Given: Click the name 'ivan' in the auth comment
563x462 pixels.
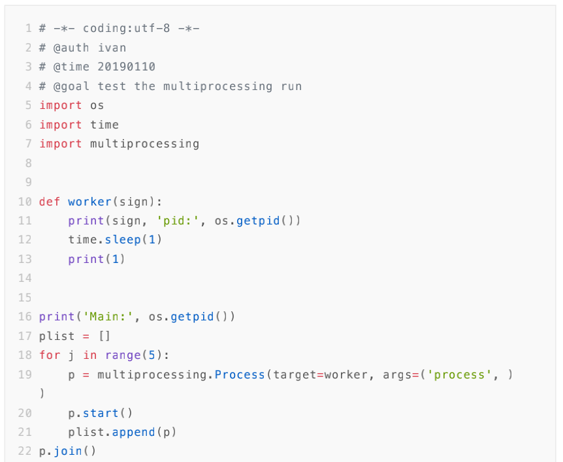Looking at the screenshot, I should pyautogui.click(x=112, y=48).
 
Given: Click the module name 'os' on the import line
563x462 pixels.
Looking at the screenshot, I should pyautogui.click(x=97, y=105).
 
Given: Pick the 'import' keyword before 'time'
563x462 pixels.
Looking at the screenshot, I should pyautogui.click(x=61, y=125).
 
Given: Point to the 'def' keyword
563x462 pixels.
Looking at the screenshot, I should pyautogui.click(x=50, y=202).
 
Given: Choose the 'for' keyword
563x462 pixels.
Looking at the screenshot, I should pyautogui.click(x=50, y=355).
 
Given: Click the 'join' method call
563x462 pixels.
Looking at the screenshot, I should pyautogui.click(x=68, y=451).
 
